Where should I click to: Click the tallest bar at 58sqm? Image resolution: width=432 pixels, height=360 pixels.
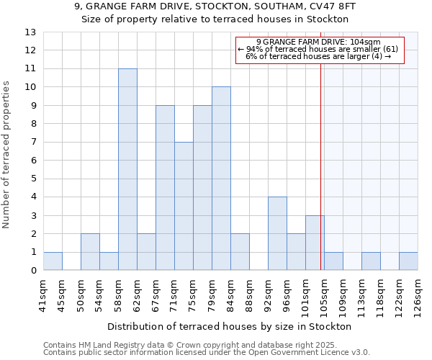pos(127,169)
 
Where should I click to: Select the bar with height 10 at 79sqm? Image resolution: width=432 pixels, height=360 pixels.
pos(221,179)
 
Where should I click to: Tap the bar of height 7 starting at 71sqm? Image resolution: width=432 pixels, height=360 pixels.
pos(184,206)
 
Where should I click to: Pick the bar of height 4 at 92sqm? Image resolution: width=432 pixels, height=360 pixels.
pos(277,233)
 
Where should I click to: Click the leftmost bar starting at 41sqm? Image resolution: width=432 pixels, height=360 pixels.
pos(53,261)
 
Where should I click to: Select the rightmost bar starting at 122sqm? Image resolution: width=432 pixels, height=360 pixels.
pos(408,261)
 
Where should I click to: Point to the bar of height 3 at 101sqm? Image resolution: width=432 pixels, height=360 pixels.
pos(315,243)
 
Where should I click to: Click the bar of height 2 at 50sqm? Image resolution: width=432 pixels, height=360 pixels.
pos(90,252)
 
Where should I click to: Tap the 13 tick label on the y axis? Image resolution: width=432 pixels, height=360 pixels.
pos(30,32)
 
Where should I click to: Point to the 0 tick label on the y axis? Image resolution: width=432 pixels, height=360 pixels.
pos(33,271)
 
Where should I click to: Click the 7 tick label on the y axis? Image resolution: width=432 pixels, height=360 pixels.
pos(33,143)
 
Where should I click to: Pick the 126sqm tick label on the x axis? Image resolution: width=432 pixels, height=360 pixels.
pos(418,293)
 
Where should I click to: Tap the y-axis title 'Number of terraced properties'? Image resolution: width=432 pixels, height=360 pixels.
pos(7,155)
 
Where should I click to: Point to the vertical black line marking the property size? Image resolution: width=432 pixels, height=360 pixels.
pos(320,166)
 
